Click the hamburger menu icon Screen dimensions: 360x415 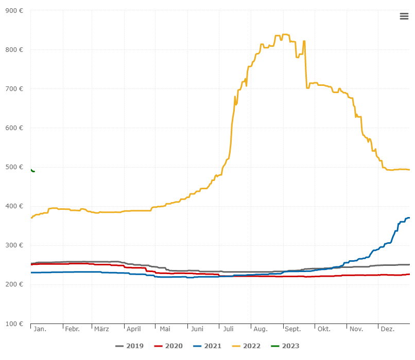404,16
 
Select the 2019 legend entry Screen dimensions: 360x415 129,346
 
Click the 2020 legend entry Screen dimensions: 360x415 168,346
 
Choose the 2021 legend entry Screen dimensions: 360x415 207,346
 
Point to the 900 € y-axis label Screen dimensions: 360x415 15,10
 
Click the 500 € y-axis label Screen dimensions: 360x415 15,167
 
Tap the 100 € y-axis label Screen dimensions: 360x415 15,323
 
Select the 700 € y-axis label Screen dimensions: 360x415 15,88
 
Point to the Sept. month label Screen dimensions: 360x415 292,329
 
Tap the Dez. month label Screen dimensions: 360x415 388,329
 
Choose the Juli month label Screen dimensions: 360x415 228,329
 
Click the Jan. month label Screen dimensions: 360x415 40,329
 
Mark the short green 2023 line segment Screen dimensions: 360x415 32,170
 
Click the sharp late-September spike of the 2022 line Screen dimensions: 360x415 304,42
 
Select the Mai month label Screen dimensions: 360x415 165,329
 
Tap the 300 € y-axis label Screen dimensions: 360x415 15,245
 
